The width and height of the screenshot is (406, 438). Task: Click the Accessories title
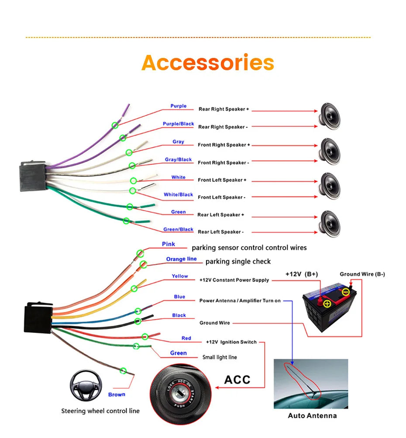click(208, 63)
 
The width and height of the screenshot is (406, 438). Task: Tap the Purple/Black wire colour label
click(178, 124)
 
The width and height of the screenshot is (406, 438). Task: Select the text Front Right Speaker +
click(224, 145)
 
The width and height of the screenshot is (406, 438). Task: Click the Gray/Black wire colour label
click(178, 160)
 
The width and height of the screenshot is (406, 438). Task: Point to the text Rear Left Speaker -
click(220, 232)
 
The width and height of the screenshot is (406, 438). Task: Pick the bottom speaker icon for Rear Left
click(330, 223)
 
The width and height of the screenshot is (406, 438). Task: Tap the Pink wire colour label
click(169, 244)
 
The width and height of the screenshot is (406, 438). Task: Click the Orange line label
click(181, 259)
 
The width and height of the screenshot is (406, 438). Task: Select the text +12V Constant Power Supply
click(234, 280)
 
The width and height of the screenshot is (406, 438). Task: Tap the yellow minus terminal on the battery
click(345, 292)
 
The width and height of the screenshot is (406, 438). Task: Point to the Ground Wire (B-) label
click(362, 274)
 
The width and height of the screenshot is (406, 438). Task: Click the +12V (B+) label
click(302, 274)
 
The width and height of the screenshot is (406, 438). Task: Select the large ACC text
click(237, 380)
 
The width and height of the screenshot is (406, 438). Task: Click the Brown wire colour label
click(117, 394)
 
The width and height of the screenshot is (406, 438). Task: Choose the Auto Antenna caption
click(312, 415)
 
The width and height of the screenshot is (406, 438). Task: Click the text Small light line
click(220, 357)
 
